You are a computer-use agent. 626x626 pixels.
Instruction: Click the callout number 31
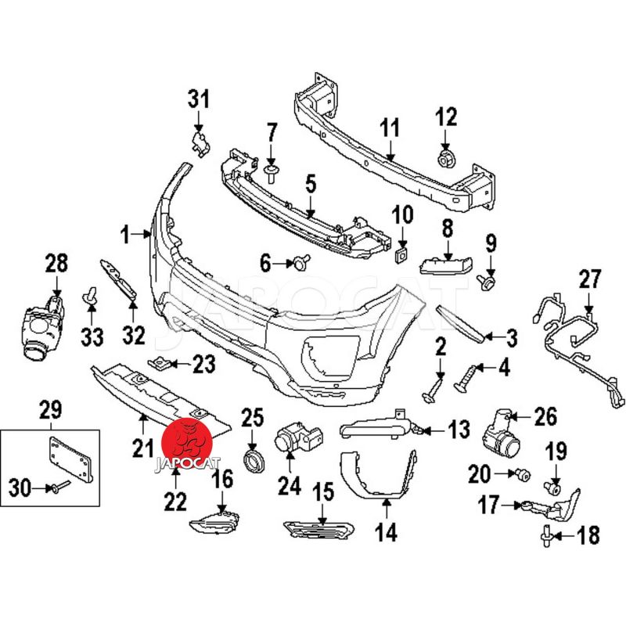[199, 99]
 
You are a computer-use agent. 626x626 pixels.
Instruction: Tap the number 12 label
[446, 117]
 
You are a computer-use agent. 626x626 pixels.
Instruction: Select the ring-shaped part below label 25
[253, 459]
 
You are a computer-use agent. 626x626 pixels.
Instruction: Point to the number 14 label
[386, 532]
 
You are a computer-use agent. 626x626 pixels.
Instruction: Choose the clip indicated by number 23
[160, 362]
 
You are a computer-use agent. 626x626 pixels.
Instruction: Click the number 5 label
[311, 185]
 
